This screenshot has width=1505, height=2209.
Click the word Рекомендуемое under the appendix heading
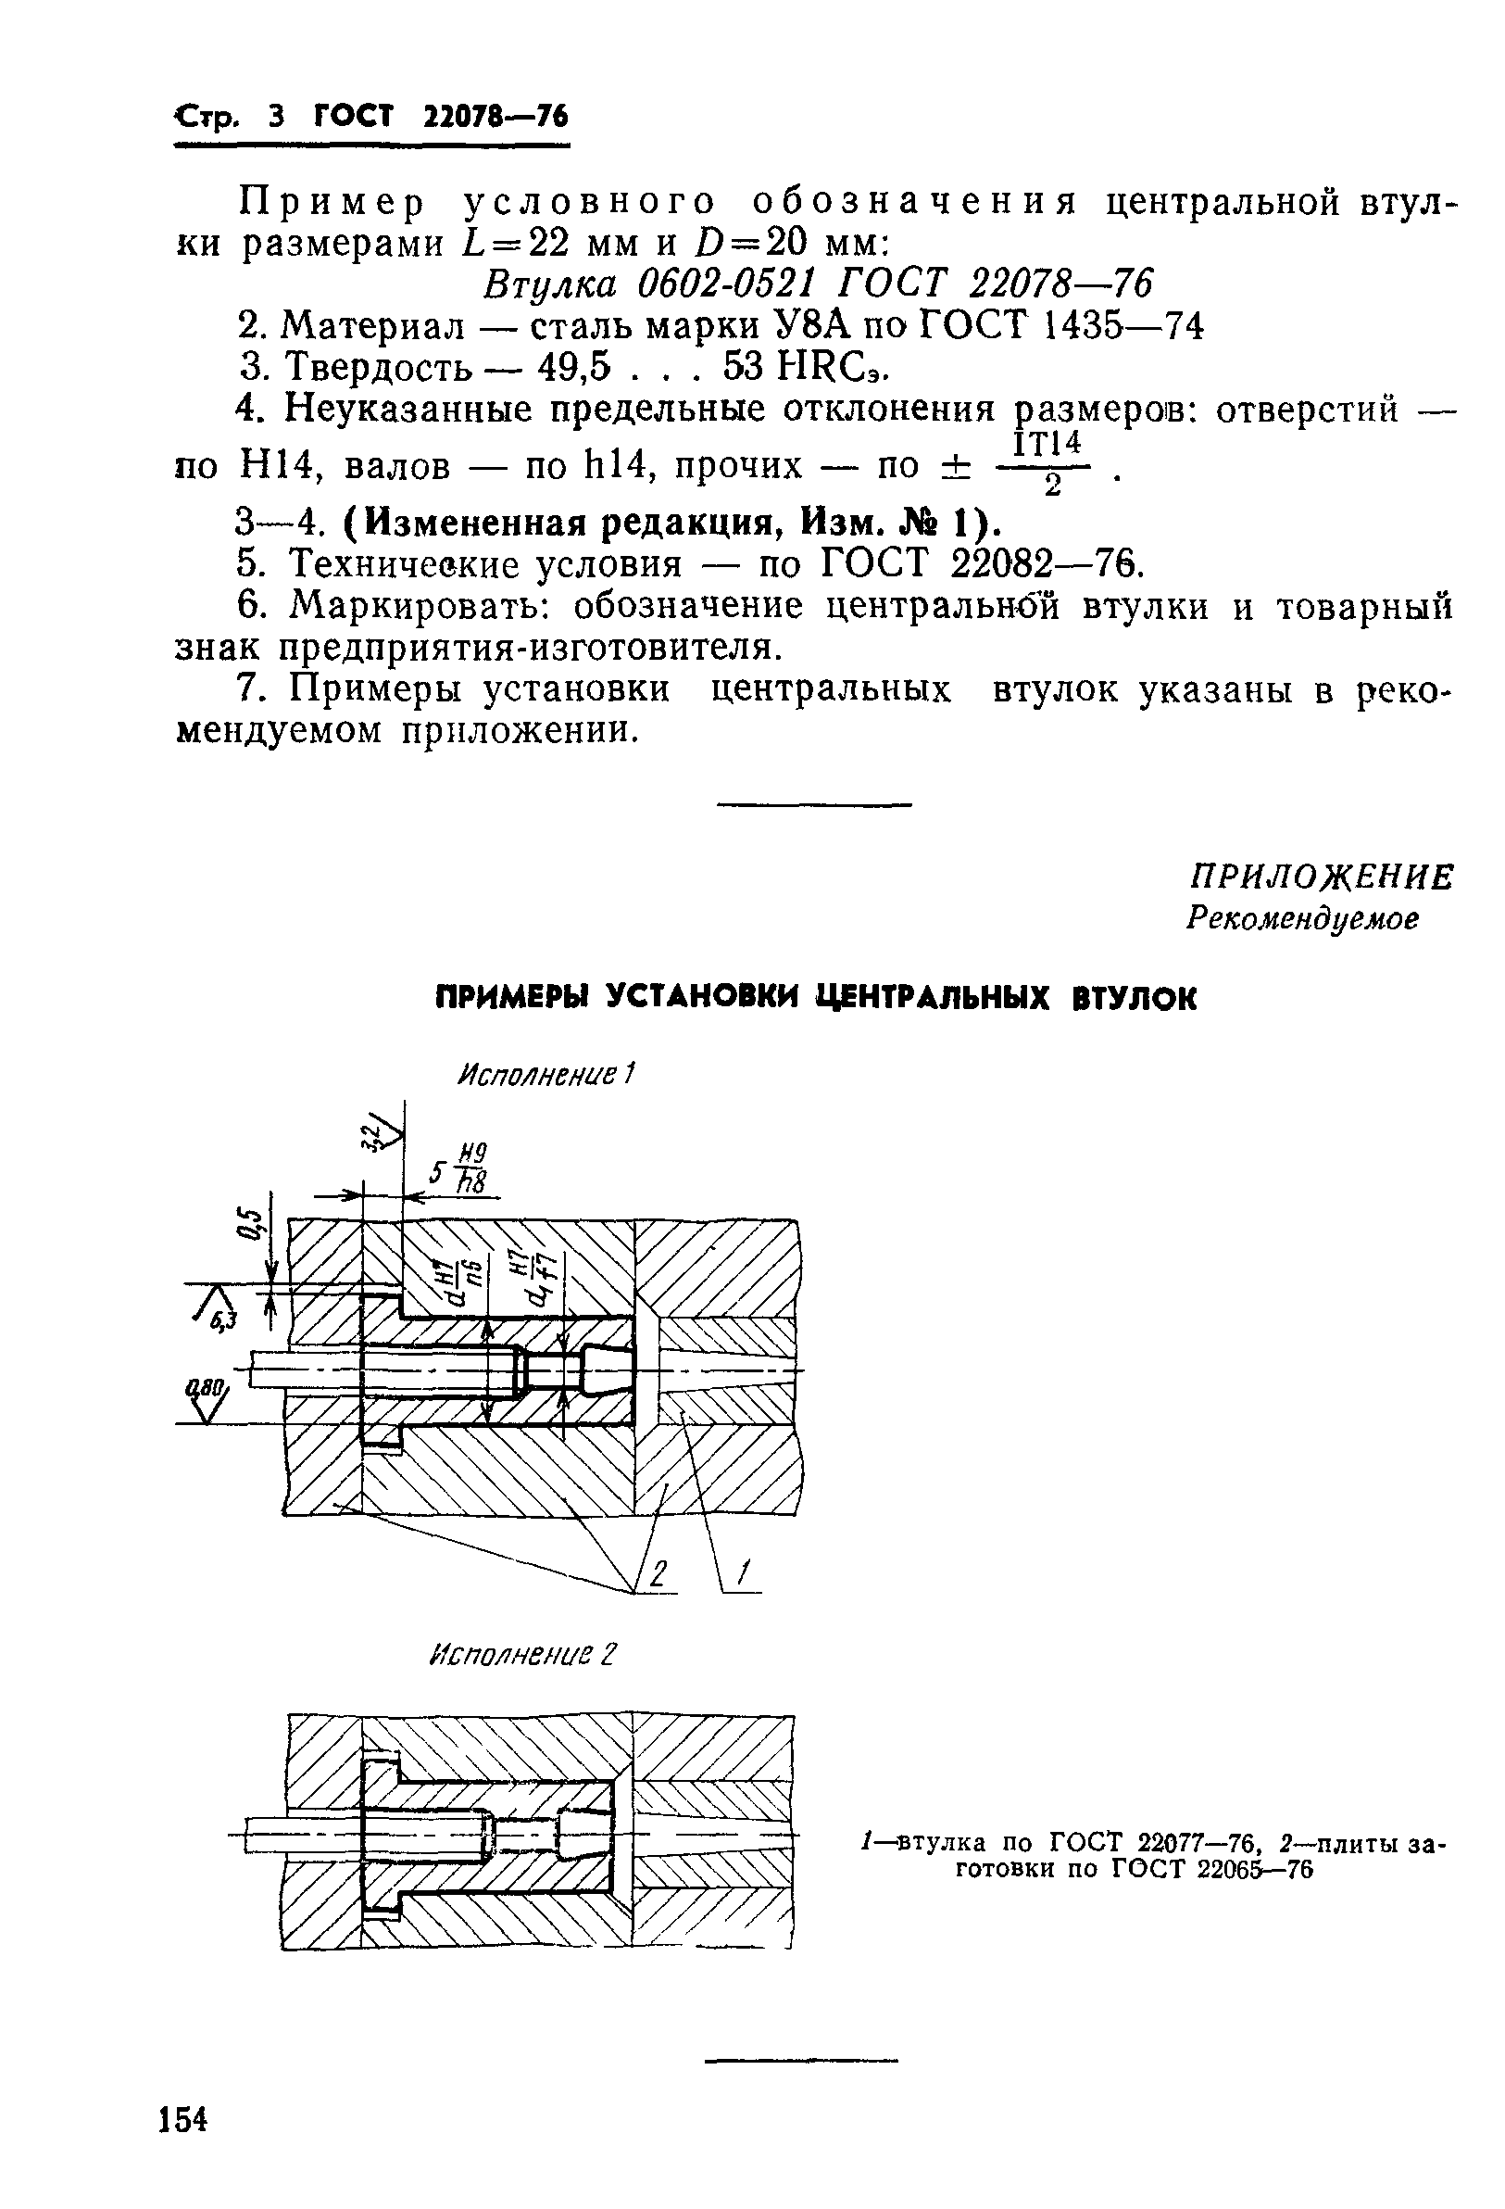[1302, 918]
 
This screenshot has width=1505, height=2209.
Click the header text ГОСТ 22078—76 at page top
[441, 117]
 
